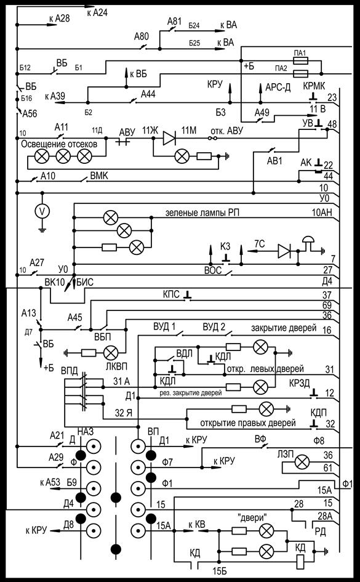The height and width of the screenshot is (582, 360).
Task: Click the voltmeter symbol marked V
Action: [x=42, y=211]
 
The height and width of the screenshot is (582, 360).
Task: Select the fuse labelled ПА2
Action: [x=300, y=73]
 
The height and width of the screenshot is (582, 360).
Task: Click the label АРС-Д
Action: [x=278, y=88]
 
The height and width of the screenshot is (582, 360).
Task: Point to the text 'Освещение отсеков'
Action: [x=59, y=143]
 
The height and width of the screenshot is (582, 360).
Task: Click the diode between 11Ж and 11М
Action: [x=170, y=138]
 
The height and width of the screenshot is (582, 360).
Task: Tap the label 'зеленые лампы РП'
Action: [x=202, y=213]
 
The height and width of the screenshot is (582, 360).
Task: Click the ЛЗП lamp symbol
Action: [x=302, y=462]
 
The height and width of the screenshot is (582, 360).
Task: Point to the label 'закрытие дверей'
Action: [x=284, y=328]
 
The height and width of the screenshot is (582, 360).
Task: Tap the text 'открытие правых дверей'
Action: [x=247, y=423]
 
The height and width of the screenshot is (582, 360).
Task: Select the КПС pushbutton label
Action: [x=172, y=295]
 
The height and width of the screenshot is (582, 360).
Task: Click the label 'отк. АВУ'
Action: [x=226, y=131]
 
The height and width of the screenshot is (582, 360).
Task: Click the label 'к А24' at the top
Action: [x=97, y=13]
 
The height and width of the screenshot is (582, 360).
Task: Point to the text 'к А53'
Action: [x=50, y=483]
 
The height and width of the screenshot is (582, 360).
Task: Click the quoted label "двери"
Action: [x=252, y=517]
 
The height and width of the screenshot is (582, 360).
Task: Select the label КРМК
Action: [x=314, y=86]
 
